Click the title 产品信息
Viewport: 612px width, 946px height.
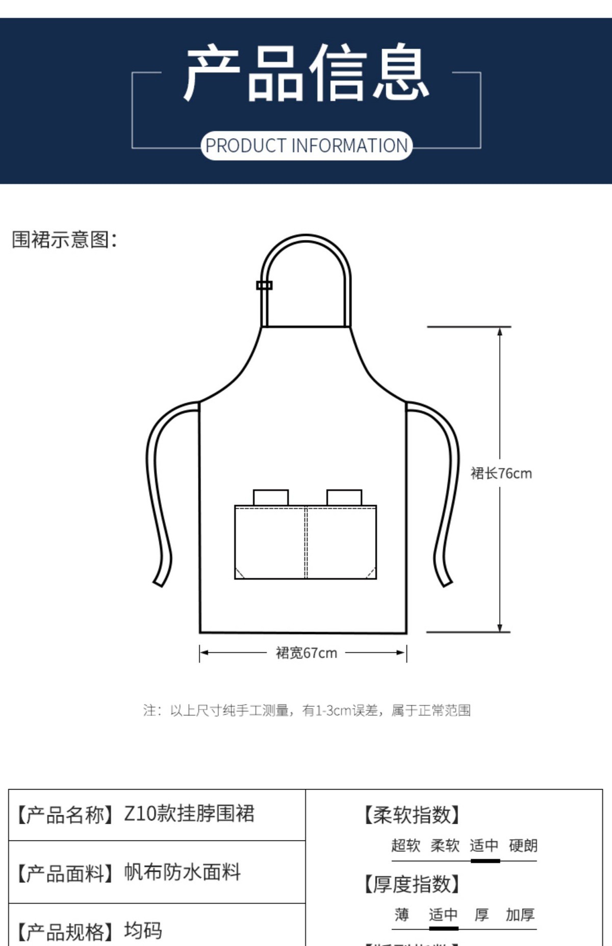(x=306, y=73)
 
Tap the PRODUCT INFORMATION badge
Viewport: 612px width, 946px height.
(x=306, y=146)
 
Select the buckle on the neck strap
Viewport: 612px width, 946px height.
(x=264, y=285)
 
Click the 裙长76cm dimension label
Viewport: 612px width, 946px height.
(x=501, y=473)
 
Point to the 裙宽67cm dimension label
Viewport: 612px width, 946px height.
(x=306, y=653)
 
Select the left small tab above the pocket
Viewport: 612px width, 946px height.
(x=270, y=497)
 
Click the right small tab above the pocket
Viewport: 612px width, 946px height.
(x=344, y=497)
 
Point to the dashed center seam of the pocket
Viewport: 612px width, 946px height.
(x=306, y=542)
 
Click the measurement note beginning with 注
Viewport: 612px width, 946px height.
(x=307, y=710)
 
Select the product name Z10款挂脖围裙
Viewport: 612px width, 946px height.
(x=189, y=814)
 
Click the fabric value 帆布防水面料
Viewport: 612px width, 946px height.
(x=182, y=872)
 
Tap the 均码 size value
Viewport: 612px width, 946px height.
(x=143, y=931)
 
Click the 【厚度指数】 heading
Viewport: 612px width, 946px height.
(x=412, y=884)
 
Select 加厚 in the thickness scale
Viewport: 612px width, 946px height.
(x=520, y=915)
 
